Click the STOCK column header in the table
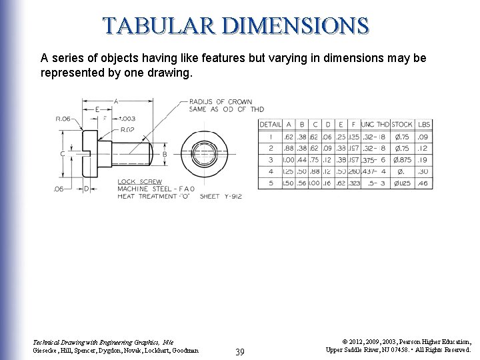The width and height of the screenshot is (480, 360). point(401,125)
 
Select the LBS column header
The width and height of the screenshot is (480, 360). point(423,125)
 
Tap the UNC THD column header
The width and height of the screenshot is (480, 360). point(375,125)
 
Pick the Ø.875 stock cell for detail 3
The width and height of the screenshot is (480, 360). point(401,160)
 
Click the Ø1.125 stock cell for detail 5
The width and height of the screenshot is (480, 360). point(401,183)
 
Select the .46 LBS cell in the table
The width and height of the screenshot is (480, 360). point(423,183)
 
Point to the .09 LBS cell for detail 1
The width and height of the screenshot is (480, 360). point(423,137)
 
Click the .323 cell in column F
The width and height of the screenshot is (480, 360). point(354,183)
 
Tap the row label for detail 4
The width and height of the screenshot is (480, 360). point(270,171)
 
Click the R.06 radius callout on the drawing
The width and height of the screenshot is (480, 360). point(63,119)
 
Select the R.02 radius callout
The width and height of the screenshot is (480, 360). point(127,129)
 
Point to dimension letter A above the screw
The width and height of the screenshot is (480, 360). point(116,101)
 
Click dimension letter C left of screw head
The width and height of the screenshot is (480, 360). point(63,154)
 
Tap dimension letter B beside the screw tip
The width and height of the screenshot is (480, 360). point(164,154)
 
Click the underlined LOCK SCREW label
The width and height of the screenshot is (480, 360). point(139,181)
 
